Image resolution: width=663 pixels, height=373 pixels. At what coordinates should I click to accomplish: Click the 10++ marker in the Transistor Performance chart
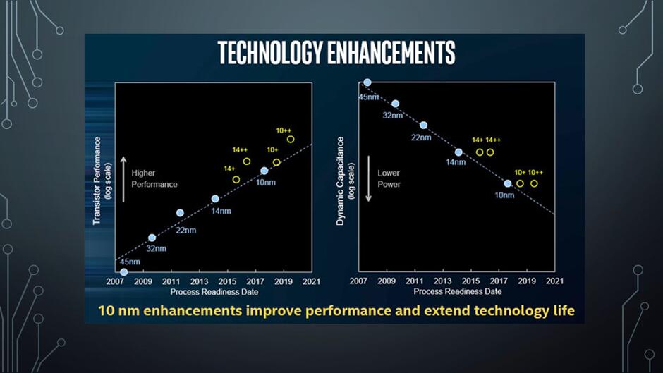click(291, 139)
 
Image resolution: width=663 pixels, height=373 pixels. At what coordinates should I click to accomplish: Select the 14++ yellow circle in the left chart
click(247, 161)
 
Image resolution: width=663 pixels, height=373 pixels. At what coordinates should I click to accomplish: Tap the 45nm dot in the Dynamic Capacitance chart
click(367, 82)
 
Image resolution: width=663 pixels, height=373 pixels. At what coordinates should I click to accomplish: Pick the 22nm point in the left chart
click(180, 213)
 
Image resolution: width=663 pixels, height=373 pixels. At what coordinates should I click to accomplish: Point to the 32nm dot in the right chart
click(396, 104)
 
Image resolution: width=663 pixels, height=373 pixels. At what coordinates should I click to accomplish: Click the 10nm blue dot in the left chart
click(264, 171)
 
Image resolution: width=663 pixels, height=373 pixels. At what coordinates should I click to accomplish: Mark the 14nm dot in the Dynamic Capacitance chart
click(458, 152)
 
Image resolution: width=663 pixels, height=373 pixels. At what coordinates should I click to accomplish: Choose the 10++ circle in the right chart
click(534, 183)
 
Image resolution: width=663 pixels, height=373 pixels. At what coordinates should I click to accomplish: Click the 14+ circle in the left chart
click(236, 180)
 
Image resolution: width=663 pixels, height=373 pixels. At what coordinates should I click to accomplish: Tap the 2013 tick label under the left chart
click(199, 281)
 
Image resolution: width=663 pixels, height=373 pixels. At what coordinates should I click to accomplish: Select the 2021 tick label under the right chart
click(555, 281)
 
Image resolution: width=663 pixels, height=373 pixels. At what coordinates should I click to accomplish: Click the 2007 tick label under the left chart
click(115, 281)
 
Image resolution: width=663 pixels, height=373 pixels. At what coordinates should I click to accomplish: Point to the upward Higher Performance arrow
click(123, 179)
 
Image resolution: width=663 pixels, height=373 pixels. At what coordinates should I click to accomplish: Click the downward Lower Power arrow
click(368, 179)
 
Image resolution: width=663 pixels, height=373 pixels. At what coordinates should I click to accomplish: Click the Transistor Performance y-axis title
click(97, 181)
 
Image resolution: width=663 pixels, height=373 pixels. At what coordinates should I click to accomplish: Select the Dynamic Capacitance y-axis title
click(341, 181)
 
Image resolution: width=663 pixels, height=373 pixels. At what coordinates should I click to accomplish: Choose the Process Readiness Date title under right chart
click(458, 291)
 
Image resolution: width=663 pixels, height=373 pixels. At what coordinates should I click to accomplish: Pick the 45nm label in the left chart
click(130, 262)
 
